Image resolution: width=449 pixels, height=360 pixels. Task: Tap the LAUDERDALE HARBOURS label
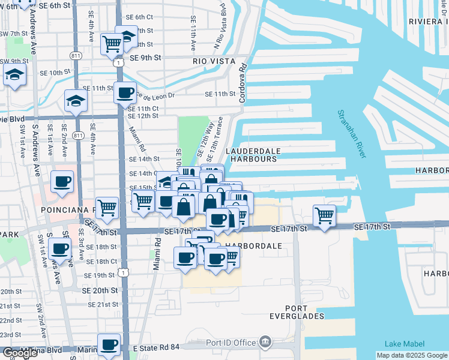click(252, 155)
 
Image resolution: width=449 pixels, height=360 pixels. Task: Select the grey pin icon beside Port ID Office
click(265, 343)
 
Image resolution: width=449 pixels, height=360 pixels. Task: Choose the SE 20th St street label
click(99, 290)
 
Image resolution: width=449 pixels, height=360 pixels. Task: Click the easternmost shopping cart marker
click(324, 214)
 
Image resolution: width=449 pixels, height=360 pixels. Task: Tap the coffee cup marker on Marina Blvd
click(109, 344)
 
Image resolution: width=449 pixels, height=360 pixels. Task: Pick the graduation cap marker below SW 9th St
click(13, 75)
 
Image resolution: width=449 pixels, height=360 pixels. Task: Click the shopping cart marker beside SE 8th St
click(112, 43)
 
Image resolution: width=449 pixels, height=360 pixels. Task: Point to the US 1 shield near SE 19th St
click(122, 272)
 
